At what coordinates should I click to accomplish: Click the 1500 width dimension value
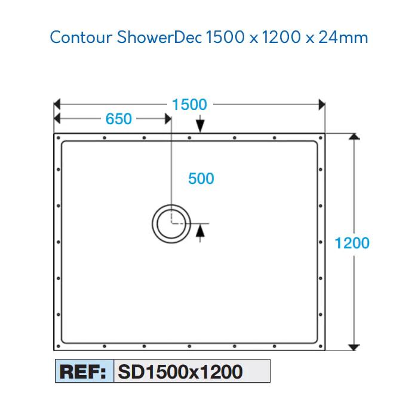[189, 105]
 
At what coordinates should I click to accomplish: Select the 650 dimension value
[119, 119]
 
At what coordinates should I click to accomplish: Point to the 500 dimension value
[201, 179]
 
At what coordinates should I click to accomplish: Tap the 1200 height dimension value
[352, 243]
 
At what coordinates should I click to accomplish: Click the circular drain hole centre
[171, 224]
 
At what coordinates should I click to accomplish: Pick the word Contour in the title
[81, 37]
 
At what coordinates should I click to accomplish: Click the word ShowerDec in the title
[159, 37]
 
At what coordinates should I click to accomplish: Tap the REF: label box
[85, 371]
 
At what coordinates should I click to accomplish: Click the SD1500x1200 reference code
[180, 371]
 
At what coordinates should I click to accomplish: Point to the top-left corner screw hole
[59, 138]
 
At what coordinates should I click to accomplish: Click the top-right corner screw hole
[321, 138]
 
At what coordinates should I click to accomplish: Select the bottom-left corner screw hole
[59, 346]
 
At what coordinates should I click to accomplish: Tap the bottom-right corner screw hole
[321, 346]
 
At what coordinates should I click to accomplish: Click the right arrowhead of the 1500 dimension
[322, 105]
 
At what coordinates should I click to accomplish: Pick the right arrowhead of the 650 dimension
[168, 119]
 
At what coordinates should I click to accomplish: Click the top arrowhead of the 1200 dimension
[354, 136]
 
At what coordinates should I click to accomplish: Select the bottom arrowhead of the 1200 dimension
[354, 348]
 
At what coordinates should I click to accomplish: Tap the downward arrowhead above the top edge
[200, 126]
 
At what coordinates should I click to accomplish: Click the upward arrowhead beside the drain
[200, 230]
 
